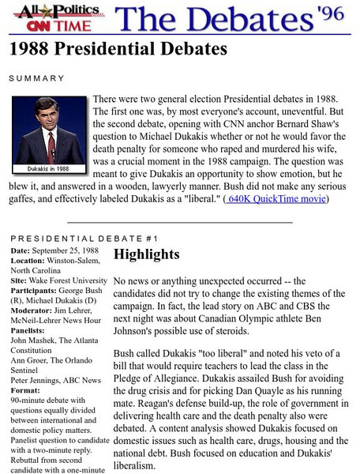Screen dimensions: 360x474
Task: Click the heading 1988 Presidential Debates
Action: click(x=118, y=50)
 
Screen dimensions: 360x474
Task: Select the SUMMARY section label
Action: click(x=36, y=78)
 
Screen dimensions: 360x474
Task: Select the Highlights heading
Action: click(x=147, y=254)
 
